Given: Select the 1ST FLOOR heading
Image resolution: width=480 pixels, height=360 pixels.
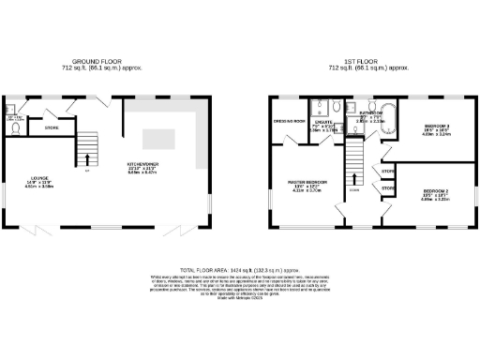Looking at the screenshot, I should coord(362,61).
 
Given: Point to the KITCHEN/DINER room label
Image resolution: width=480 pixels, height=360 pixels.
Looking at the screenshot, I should coord(142,166).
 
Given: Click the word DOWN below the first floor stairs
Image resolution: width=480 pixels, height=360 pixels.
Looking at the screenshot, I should coord(354,191).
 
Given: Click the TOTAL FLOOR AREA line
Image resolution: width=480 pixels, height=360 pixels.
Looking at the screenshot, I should coord(239,268).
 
